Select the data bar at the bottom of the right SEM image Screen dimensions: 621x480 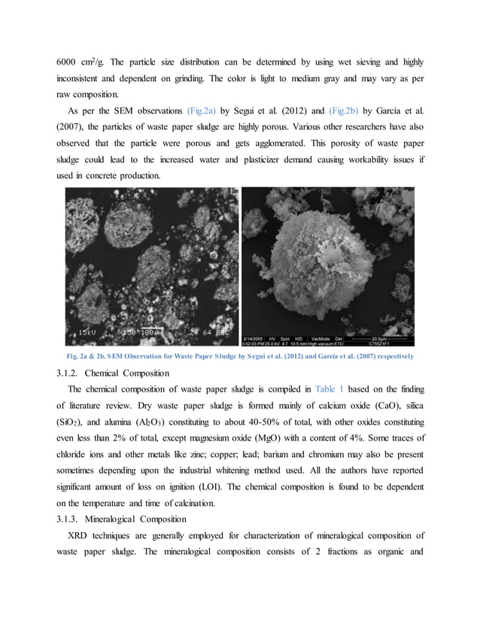tap(328, 340)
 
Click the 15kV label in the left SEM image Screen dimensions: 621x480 tap(86, 329)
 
